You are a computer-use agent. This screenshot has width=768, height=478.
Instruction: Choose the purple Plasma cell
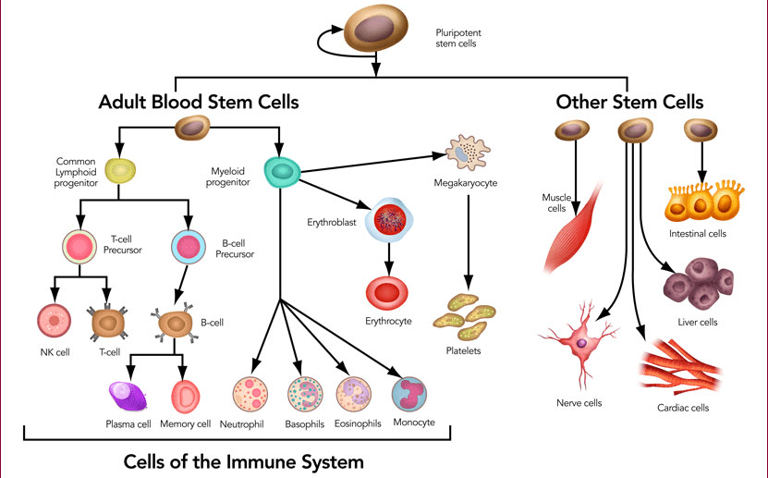[x=128, y=397]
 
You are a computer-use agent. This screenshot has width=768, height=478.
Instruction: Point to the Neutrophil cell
[x=250, y=395]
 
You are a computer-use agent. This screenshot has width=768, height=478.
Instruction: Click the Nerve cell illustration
[x=579, y=341]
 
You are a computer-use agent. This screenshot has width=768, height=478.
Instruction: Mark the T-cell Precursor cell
[x=79, y=248]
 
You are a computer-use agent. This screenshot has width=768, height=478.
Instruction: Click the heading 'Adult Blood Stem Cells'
[x=199, y=101]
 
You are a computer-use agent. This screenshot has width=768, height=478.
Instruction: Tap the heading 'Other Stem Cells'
[x=629, y=101]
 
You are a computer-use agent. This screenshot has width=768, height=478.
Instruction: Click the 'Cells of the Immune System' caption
[x=244, y=460]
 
